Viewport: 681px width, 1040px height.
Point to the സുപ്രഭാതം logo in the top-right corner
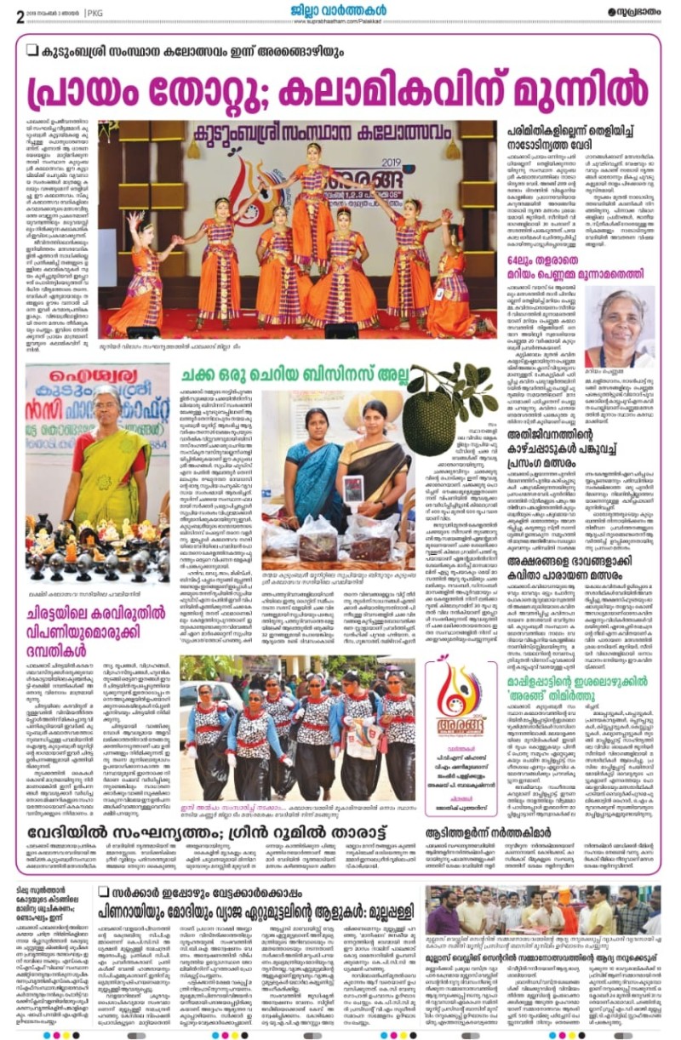tap(634, 12)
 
